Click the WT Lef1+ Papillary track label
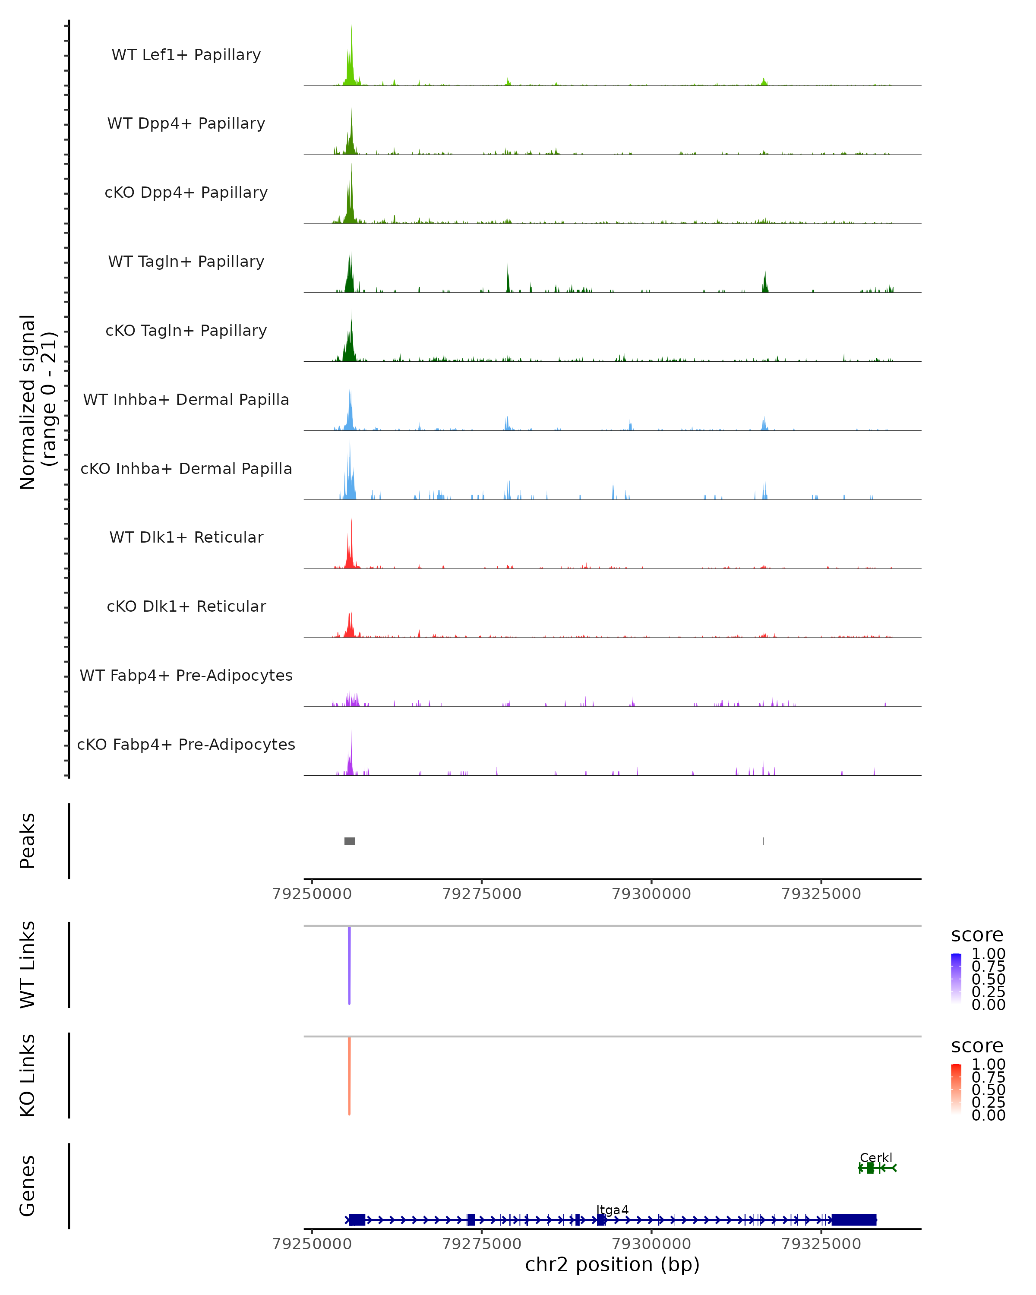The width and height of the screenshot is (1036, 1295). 186,55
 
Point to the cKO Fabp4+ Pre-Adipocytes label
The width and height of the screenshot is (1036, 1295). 186,744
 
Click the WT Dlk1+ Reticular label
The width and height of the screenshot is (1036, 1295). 186,537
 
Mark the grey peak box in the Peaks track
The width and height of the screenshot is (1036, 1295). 350,841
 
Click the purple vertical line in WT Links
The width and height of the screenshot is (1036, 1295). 349,964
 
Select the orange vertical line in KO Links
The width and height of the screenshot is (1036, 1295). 349,1075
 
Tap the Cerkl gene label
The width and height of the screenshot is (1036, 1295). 876,1157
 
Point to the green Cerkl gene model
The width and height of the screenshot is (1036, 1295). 876,1168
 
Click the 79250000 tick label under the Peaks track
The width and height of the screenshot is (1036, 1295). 312,894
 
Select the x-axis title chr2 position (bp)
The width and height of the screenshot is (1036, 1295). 612,1265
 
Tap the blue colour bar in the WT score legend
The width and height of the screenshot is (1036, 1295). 956,977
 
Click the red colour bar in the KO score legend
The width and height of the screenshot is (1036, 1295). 956,1088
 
